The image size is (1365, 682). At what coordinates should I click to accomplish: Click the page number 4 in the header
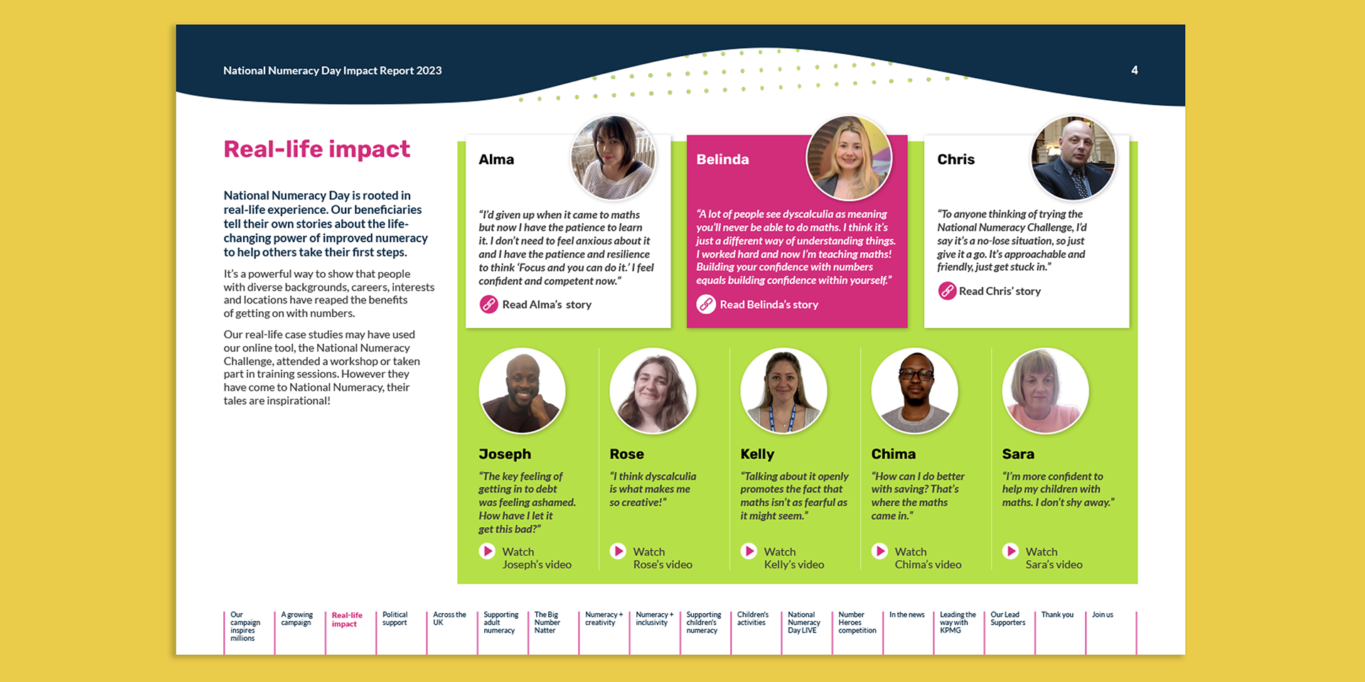pyautogui.click(x=1134, y=70)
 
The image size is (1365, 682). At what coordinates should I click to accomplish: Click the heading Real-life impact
pyautogui.click(x=316, y=149)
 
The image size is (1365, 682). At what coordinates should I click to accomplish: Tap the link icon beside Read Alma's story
pyautogui.click(x=488, y=305)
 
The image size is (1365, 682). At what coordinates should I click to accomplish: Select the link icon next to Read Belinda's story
pyautogui.click(x=705, y=305)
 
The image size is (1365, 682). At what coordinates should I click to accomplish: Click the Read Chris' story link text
pyautogui.click(x=999, y=291)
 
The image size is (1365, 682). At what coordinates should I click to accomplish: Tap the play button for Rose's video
pyautogui.click(x=618, y=551)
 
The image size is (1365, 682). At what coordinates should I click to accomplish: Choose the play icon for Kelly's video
pyautogui.click(x=749, y=551)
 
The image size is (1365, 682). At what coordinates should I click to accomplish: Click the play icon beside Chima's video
pyautogui.click(x=879, y=551)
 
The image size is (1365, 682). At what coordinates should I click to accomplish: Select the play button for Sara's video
pyautogui.click(x=1010, y=551)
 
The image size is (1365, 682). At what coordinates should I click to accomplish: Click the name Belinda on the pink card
pyautogui.click(x=722, y=160)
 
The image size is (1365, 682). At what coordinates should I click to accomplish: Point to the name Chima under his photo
pyautogui.click(x=893, y=454)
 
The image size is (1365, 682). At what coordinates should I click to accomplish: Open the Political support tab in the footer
pyautogui.click(x=395, y=619)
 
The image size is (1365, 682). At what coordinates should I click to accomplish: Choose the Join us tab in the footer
pyautogui.click(x=1102, y=615)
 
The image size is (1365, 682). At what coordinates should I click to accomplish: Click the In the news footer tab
pyautogui.click(x=906, y=615)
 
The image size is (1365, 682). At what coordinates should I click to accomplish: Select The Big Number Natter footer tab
pyautogui.click(x=547, y=622)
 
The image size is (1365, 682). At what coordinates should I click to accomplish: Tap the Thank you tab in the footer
pyautogui.click(x=1057, y=615)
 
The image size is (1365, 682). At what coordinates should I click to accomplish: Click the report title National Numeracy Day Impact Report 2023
pyautogui.click(x=332, y=70)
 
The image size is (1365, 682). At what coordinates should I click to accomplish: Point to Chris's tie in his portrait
pyautogui.click(x=1080, y=183)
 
